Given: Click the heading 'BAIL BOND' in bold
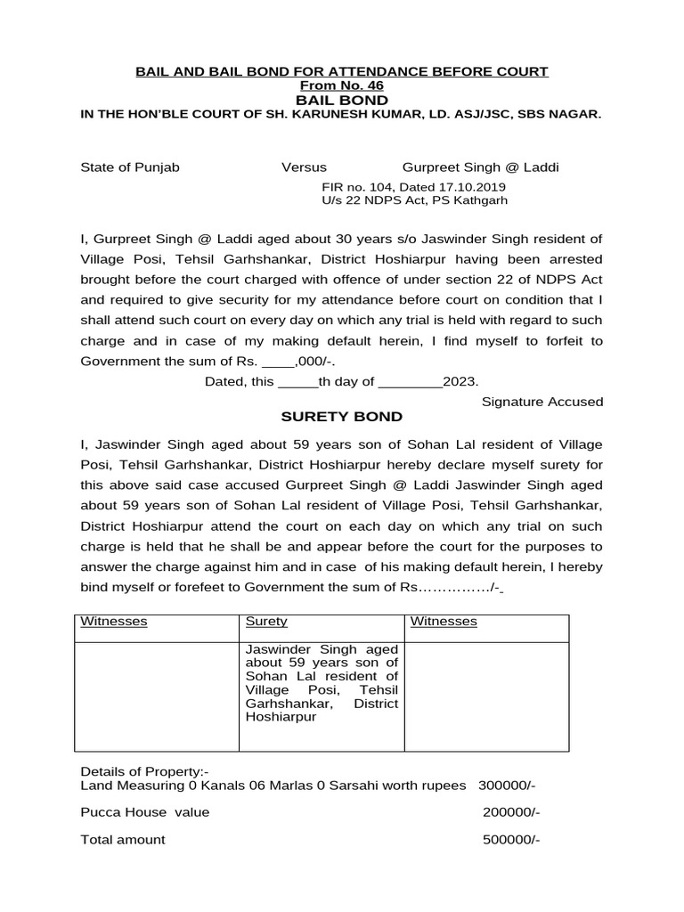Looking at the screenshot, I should pyautogui.click(x=342, y=100).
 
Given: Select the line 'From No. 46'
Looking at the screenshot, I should pyautogui.click(x=342, y=85).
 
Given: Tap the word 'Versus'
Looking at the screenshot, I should pyautogui.click(x=304, y=167).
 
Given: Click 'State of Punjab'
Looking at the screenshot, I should pyautogui.click(x=130, y=167).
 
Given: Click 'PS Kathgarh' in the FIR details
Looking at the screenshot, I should pyautogui.click(x=481, y=200).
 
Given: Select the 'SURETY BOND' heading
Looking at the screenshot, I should pyautogui.click(x=342, y=417).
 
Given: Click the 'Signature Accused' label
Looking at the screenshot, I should pyautogui.click(x=541, y=402).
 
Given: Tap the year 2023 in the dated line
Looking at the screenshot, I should pyautogui.click(x=460, y=381).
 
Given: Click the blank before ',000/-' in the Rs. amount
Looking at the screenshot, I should pyautogui.click(x=280, y=361).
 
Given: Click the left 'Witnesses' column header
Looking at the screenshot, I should pyautogui.click(x=114, y=622).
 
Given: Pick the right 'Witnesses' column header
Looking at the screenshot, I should pyautogui.click(x=444, y=622).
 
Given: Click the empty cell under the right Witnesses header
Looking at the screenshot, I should pyautogui.click(x=486, y=695).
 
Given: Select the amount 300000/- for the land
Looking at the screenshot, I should pyautogui.click(x=507, y=786).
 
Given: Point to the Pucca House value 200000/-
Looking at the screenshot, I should pyautogui.click(x=511, y=812).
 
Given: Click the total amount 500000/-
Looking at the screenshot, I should pyautogui.click(x=511, y=840).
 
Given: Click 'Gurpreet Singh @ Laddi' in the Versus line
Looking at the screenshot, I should pyautogui.click(x=481, y=167).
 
